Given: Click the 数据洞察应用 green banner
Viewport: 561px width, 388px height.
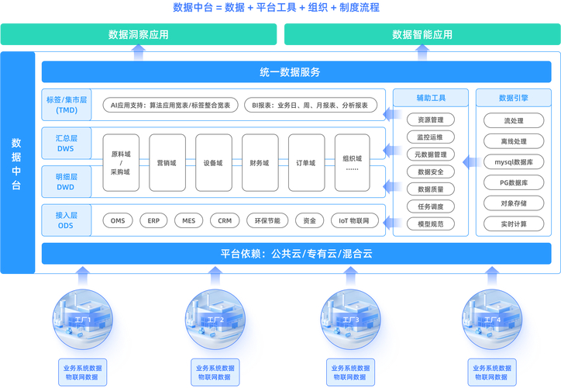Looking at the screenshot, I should (x=139, y=34).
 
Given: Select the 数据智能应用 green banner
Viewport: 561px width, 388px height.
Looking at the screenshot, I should (x=422, y=34).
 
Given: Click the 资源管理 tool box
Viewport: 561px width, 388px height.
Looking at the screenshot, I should (x=431, y=120).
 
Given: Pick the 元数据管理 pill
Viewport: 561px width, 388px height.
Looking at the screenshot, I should (x=431, y=154).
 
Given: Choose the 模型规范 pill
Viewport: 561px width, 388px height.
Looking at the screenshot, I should (x=431, y=223).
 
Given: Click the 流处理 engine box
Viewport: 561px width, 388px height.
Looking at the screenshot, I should (x=514, y=121).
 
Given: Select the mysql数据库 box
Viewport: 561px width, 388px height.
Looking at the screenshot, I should (x=514, y=162).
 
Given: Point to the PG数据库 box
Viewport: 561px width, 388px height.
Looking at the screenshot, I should (x=514, y=182).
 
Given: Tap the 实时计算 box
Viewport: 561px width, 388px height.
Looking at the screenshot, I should (x=514, y=223).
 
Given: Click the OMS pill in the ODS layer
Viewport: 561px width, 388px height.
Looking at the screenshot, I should (x=118, y=220).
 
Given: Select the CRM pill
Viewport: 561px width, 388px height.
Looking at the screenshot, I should (x=225, y=220).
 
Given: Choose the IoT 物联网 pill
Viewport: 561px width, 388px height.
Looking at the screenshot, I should (x=359, y=220).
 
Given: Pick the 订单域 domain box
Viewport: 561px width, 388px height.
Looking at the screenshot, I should (x=306, y=163).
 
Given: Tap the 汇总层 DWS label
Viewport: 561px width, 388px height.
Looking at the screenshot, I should (x=67, y=143).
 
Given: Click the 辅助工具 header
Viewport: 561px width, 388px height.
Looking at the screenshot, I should (x=431, y=98).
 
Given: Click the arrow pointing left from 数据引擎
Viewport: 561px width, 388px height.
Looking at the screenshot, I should (x=468, y=162).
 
